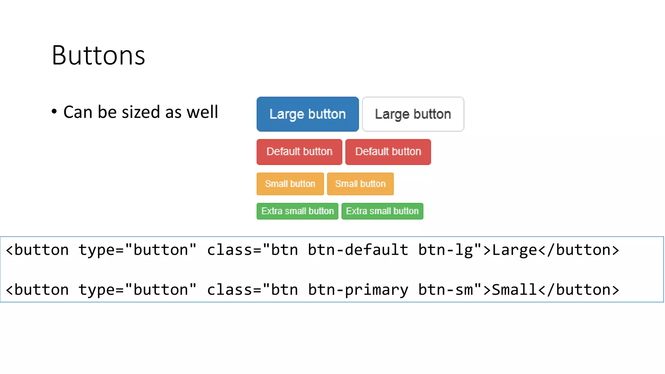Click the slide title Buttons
98,56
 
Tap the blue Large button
307,114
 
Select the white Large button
413,114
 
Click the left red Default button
299,152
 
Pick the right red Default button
388,152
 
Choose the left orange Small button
290,184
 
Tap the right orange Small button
360,184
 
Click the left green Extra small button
297,211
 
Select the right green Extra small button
382,211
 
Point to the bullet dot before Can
54,112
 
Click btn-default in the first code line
358,250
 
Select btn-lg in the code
445,250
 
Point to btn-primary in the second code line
358,290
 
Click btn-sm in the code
445,290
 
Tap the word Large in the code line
515,250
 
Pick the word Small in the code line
515,290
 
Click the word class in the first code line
230,250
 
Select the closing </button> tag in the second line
579,290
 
